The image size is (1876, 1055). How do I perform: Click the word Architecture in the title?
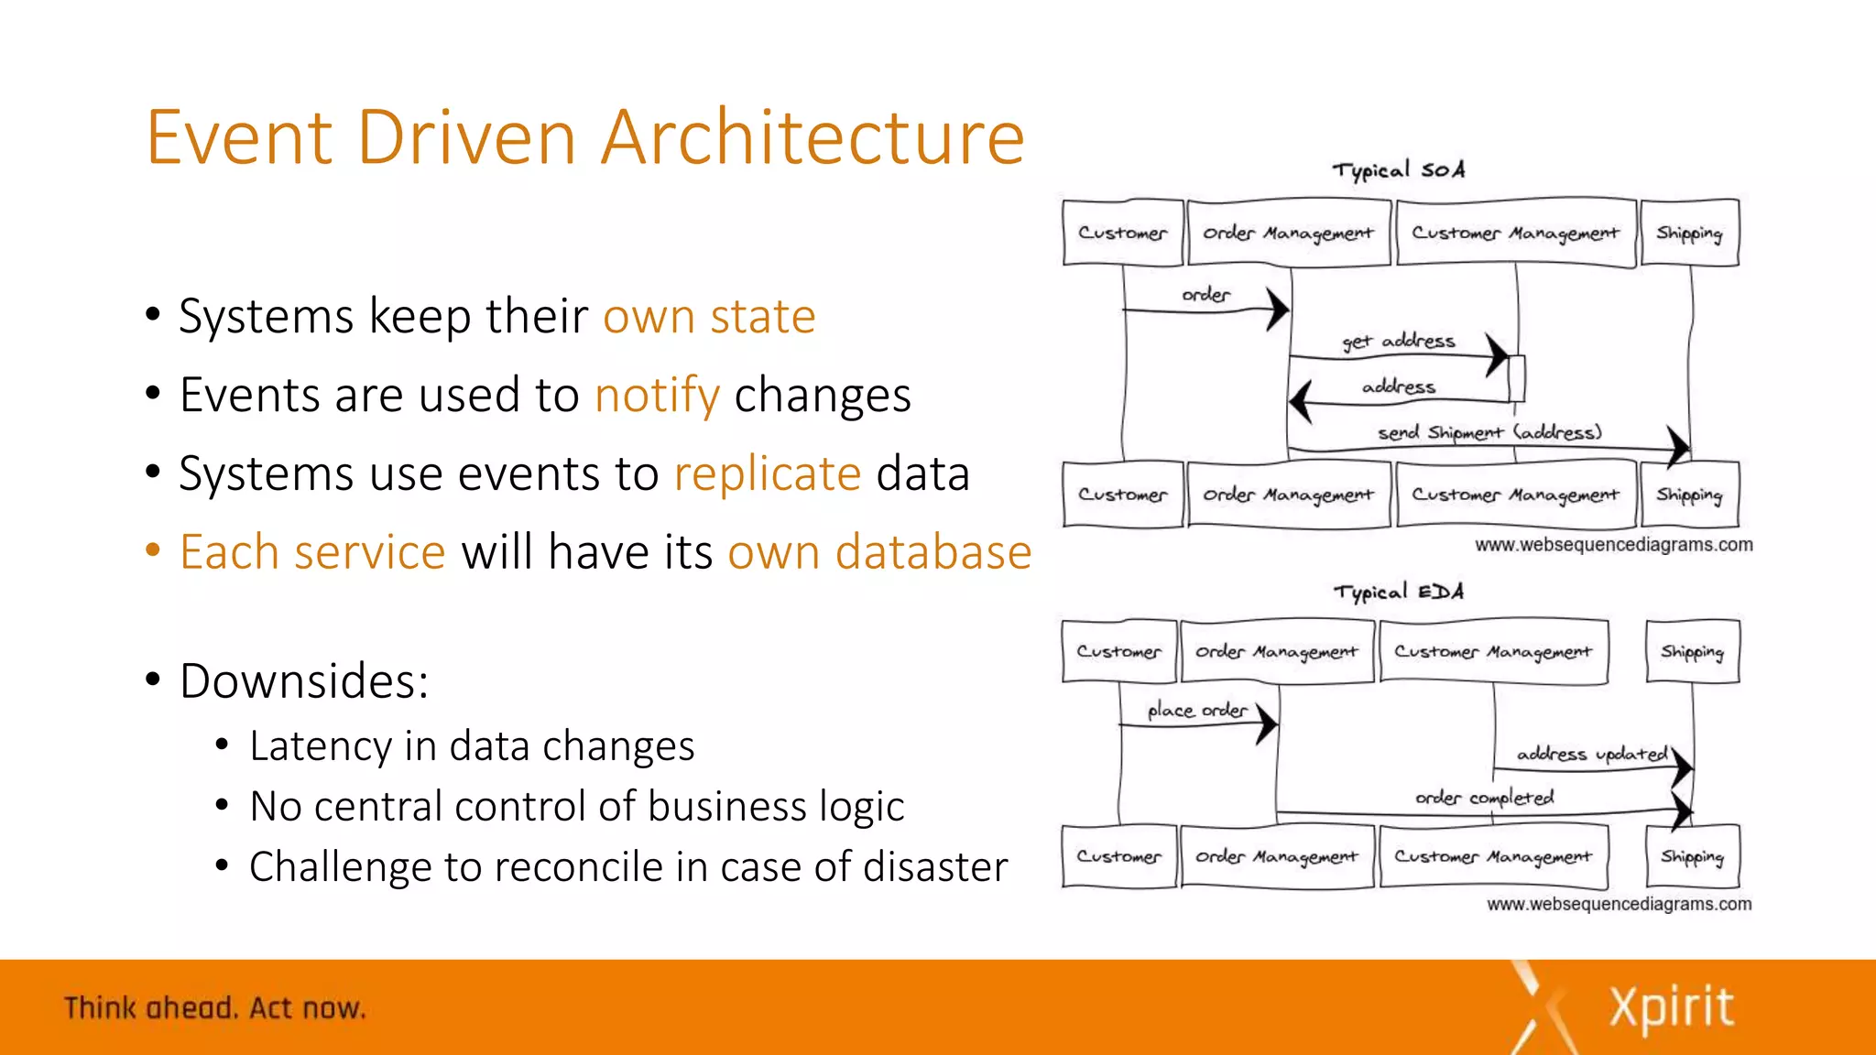click(x=813, y=137)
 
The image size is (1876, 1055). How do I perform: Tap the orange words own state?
click(x=709, y=317)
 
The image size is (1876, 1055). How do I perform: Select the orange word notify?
click(x=657, y=396)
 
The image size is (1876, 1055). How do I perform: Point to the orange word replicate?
click(x=768, y=474)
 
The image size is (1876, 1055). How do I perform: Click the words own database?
click(x=879, y=552)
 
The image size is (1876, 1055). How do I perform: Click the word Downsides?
click(x=303, y=681)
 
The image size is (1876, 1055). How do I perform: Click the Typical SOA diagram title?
click(x=1398, y=170)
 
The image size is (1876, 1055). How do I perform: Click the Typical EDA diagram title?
click(x=1398, y=592)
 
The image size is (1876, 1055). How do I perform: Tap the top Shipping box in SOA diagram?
click(x=1689, y=234)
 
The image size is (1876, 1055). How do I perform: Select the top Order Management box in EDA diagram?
click(x=1277, y=652)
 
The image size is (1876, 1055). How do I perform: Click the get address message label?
click(x=1398, y=342)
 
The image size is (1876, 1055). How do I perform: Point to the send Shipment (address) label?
click(x=1489, y=432)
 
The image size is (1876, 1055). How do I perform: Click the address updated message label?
click(x=1592, y=754)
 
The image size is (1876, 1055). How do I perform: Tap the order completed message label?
click(x=1484, y=798)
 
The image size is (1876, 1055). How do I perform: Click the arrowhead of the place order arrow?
click(x=1267, y=724)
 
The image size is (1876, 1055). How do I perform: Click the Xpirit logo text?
click(x=1671, y=1007)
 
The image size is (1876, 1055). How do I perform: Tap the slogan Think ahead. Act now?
click(x=215, y=1008)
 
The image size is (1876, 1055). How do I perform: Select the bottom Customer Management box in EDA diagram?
click(x=1493, y=857)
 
